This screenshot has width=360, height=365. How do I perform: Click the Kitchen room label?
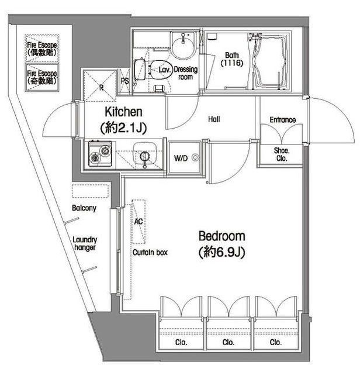(x=123, y=112)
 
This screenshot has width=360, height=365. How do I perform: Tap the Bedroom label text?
(x=222, y=236)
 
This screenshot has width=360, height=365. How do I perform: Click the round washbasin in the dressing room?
(x=183, y=46)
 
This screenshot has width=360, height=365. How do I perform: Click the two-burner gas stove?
(x=101, y=154)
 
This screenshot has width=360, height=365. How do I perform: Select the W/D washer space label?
(x=181, y=159)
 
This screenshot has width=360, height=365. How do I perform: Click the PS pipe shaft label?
(x=125, y=81)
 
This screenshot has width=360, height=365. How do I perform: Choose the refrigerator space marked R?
(x=100, y=85)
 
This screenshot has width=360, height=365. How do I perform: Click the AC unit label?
(x=139, y=221)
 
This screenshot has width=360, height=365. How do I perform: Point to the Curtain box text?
(x=150, y=252)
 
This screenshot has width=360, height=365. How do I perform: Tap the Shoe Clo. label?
(x=282, y=154)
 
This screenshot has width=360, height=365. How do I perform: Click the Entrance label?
(x=283, y=120)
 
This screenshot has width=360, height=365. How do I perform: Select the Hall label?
(x=214, y=119)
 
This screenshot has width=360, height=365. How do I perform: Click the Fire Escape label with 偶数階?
(x=42, y=49)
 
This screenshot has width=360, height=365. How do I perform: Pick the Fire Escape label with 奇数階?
(x=42, y=77)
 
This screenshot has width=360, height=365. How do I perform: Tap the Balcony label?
(x=84, y=208)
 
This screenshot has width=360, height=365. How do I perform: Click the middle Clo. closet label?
(x=228, y=342)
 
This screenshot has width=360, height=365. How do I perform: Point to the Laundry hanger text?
(x=85, y=243)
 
